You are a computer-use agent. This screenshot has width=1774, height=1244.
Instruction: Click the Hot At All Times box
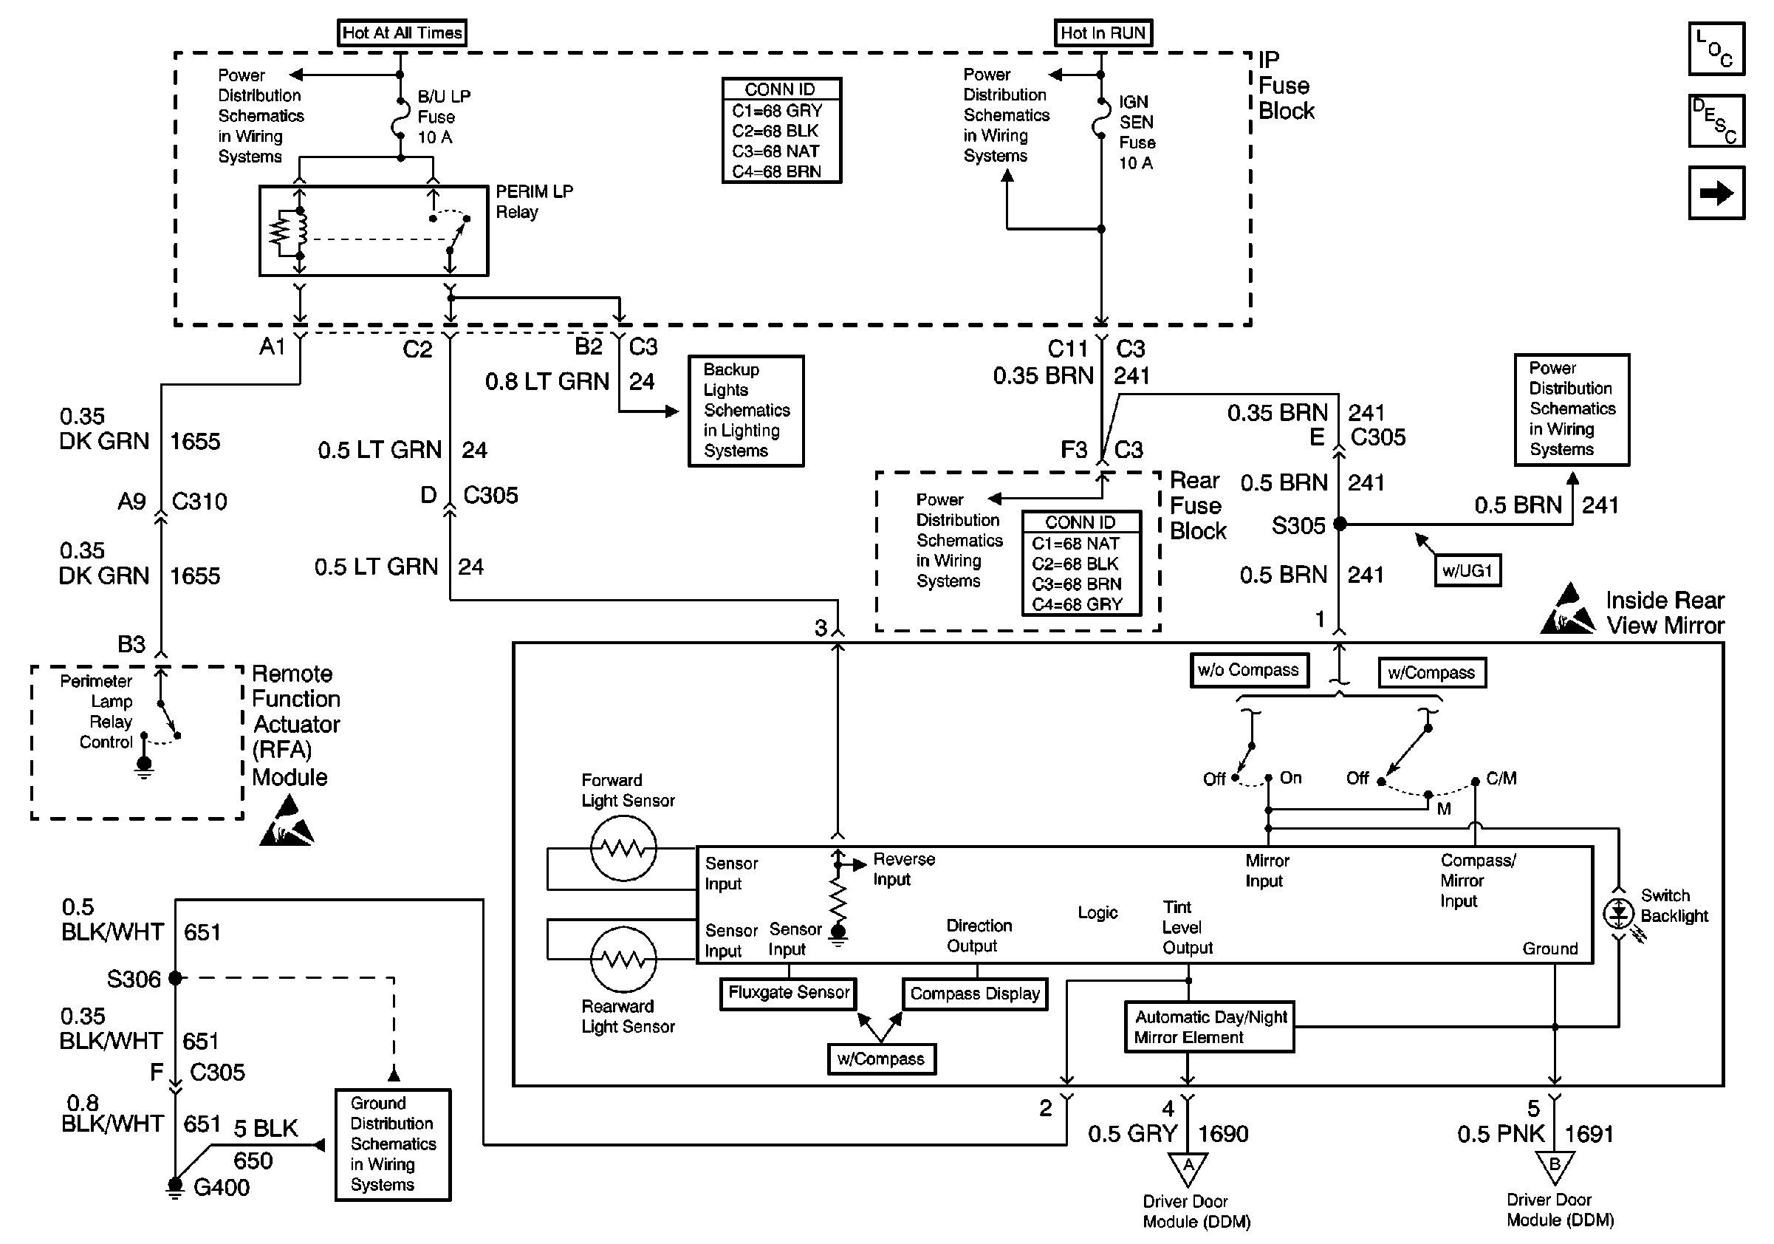402,33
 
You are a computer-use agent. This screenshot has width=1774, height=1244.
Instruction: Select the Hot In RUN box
1103,33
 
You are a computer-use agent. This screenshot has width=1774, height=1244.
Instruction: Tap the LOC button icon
1716,49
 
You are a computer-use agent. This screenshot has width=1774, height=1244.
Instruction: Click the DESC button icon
1716,121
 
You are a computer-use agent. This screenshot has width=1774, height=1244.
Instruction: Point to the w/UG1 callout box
1468,571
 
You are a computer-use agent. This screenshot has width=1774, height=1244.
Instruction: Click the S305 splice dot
1340,524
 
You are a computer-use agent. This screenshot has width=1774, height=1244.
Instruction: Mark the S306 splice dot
175,978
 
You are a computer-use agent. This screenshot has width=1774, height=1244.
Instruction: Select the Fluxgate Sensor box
788,993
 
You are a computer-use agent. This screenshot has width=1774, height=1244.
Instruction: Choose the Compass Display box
975,994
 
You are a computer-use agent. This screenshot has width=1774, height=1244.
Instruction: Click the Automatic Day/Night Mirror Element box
1209,1028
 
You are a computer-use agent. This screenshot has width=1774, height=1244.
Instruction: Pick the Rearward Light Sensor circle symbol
623,960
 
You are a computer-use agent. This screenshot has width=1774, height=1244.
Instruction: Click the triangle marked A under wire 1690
1188,1167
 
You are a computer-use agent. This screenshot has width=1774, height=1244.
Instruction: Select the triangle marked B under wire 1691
1555,1166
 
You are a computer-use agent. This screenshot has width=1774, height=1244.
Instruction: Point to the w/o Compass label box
1249,670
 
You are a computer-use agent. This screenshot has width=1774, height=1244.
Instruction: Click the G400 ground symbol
175,1188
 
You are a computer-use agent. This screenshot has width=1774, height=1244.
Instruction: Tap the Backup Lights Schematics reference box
746,410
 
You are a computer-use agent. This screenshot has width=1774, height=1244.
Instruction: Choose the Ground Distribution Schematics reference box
392,1144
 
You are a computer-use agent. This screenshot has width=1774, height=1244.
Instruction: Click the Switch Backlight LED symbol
1618,914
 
